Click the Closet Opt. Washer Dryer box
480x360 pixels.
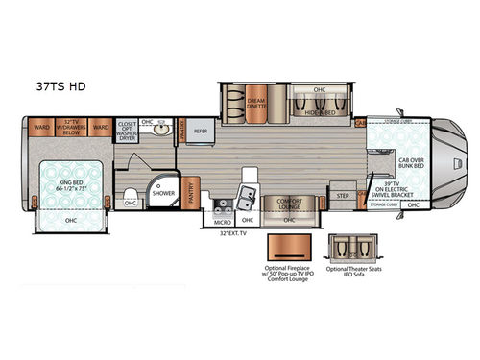(127, 131)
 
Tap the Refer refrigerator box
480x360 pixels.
(201, 132)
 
